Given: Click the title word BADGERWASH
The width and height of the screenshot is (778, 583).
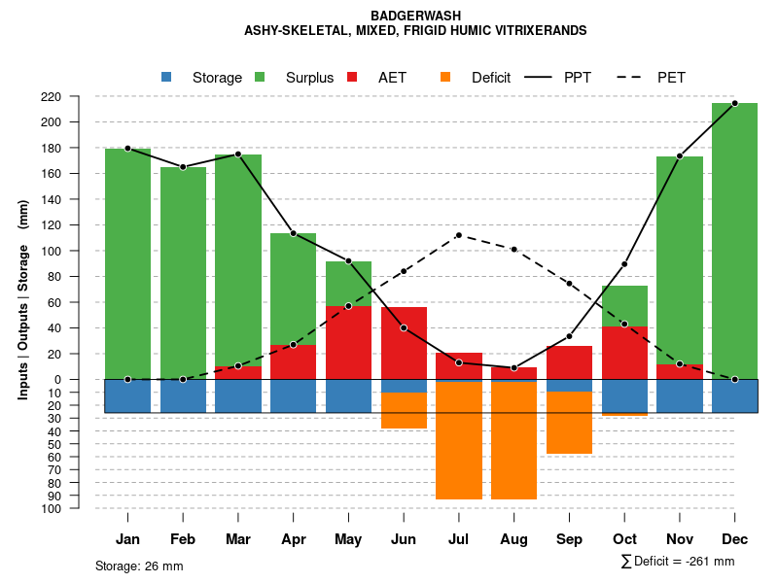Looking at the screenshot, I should [x=416, y=16].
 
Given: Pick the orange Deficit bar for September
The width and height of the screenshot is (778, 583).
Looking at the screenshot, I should [x=569, y=423].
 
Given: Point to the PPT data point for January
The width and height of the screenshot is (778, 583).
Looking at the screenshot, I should [x=127, y=148].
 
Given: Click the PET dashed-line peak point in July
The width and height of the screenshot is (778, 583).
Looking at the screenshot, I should [x=459, y=235].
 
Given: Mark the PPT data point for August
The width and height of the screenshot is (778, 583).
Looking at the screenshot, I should [x=513, y=368].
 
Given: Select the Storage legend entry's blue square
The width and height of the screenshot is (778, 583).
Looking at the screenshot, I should [x=166, y=77].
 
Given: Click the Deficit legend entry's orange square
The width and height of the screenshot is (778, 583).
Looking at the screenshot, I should [x=445, y=77].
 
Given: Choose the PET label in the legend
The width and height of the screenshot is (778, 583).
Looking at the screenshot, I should [x=671, y=78].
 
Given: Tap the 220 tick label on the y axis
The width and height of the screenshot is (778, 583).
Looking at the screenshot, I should [x=79, y=96].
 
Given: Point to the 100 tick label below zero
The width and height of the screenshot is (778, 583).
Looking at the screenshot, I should [x=79, y=508].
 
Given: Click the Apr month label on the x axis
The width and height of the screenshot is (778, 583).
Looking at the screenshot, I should [x=293, y=539].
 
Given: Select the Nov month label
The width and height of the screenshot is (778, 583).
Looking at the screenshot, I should [x=679, y=539].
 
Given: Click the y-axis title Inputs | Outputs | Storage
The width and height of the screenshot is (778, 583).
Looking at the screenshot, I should [x=23, y=306].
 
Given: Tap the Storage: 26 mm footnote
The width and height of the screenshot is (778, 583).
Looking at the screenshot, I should [x=139, y=566].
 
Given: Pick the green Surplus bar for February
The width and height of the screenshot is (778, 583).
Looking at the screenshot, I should [x=183, y=272].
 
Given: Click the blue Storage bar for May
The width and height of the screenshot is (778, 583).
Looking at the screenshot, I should [x=348, y=395].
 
